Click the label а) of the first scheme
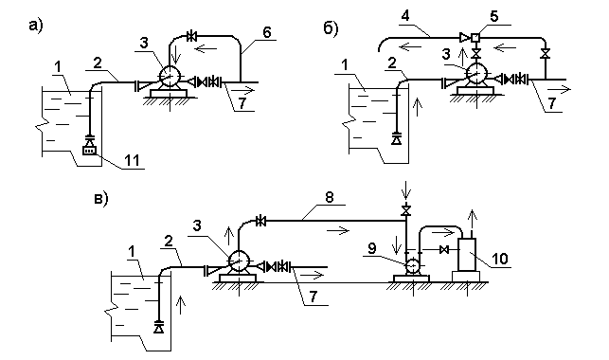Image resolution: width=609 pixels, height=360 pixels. point(36,26)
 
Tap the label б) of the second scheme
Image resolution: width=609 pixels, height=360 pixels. point(331,28)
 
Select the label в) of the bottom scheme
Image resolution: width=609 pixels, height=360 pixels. point(101,198)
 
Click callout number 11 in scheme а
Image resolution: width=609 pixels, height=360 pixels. point(132,160)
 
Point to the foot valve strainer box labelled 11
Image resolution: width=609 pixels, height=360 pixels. point(89,151)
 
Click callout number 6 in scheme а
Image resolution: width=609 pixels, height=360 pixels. point(266,32)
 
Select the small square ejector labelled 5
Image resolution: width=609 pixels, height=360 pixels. point(475,38)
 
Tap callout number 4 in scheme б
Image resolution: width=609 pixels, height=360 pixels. point(405,17)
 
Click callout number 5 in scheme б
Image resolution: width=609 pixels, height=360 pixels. point(493,16)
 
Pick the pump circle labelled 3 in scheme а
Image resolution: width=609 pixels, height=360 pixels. point(170,76)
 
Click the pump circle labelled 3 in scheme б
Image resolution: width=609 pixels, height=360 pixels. point(476,73)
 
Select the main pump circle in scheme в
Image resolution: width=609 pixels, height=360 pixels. point(239,261)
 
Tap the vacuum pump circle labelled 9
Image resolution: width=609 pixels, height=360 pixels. point(412,266)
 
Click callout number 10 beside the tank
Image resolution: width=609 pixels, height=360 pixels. point(499,259)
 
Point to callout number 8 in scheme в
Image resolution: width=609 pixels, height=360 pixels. point(330,197)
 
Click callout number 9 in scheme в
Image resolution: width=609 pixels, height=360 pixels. point(372,248)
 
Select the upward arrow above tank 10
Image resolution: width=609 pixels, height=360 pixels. point(472,220)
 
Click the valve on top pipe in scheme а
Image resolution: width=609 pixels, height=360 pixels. point(191,37)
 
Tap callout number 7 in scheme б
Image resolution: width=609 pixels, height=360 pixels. point(551,103)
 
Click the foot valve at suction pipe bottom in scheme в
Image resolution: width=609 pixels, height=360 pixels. point(158,327)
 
